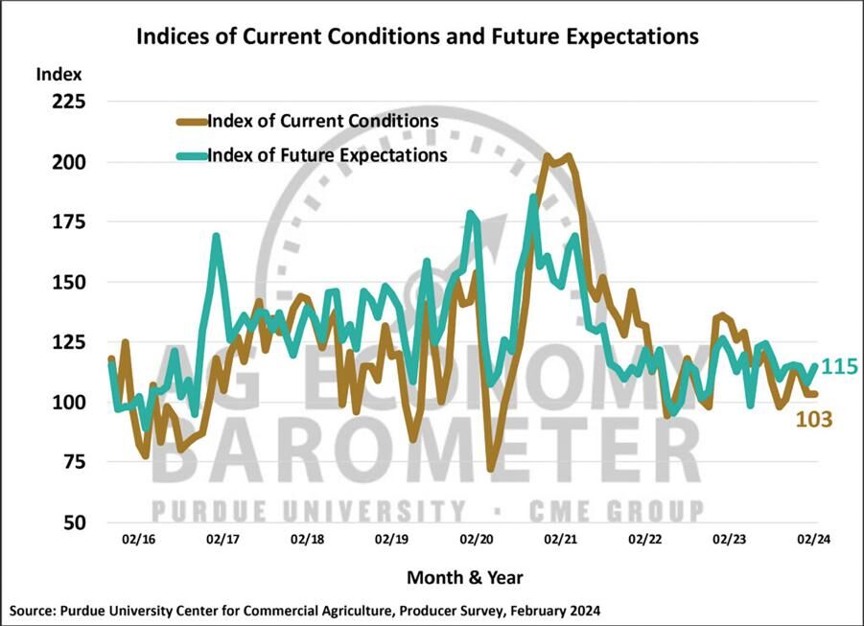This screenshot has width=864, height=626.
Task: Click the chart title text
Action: (417, 37)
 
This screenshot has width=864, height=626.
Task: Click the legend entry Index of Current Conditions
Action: (322, 122)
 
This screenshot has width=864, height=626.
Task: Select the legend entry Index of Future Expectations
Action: (327, 154)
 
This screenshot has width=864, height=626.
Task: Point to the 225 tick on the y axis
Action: (67, 102)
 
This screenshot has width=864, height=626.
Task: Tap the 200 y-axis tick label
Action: (67, 162)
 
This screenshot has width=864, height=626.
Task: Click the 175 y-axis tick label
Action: (67, 221)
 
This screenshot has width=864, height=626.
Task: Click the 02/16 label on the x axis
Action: (140, 541)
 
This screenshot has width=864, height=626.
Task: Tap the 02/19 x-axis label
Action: (393, 541)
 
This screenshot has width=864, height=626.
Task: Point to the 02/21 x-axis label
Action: (563, 541)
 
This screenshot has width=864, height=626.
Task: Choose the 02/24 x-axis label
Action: (815, 541)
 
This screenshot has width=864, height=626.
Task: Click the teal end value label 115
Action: (839, 367)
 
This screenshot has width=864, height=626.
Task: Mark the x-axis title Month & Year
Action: (465, 577)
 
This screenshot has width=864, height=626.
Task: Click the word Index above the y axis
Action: (59, 74)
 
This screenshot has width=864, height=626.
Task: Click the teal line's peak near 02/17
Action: (217, 236)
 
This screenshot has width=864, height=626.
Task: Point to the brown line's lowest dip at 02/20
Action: (491, 470)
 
